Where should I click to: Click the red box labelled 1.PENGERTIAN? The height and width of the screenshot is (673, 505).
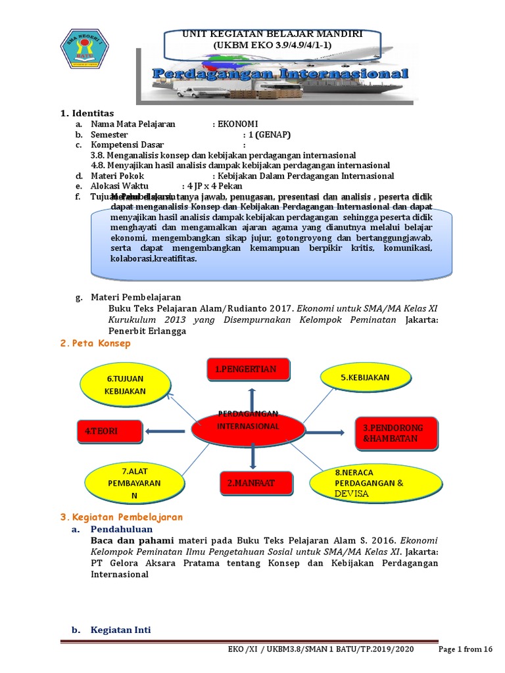(x=242, y=370)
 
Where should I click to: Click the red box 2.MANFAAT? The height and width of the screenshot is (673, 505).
(x=250, y=483)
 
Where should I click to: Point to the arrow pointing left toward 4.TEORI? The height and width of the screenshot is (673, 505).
(x=165, y=431)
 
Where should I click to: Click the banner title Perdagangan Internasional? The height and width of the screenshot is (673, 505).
(x=281, y=74)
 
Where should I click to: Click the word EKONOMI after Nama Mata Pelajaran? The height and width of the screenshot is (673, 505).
(x=237, y=124)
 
